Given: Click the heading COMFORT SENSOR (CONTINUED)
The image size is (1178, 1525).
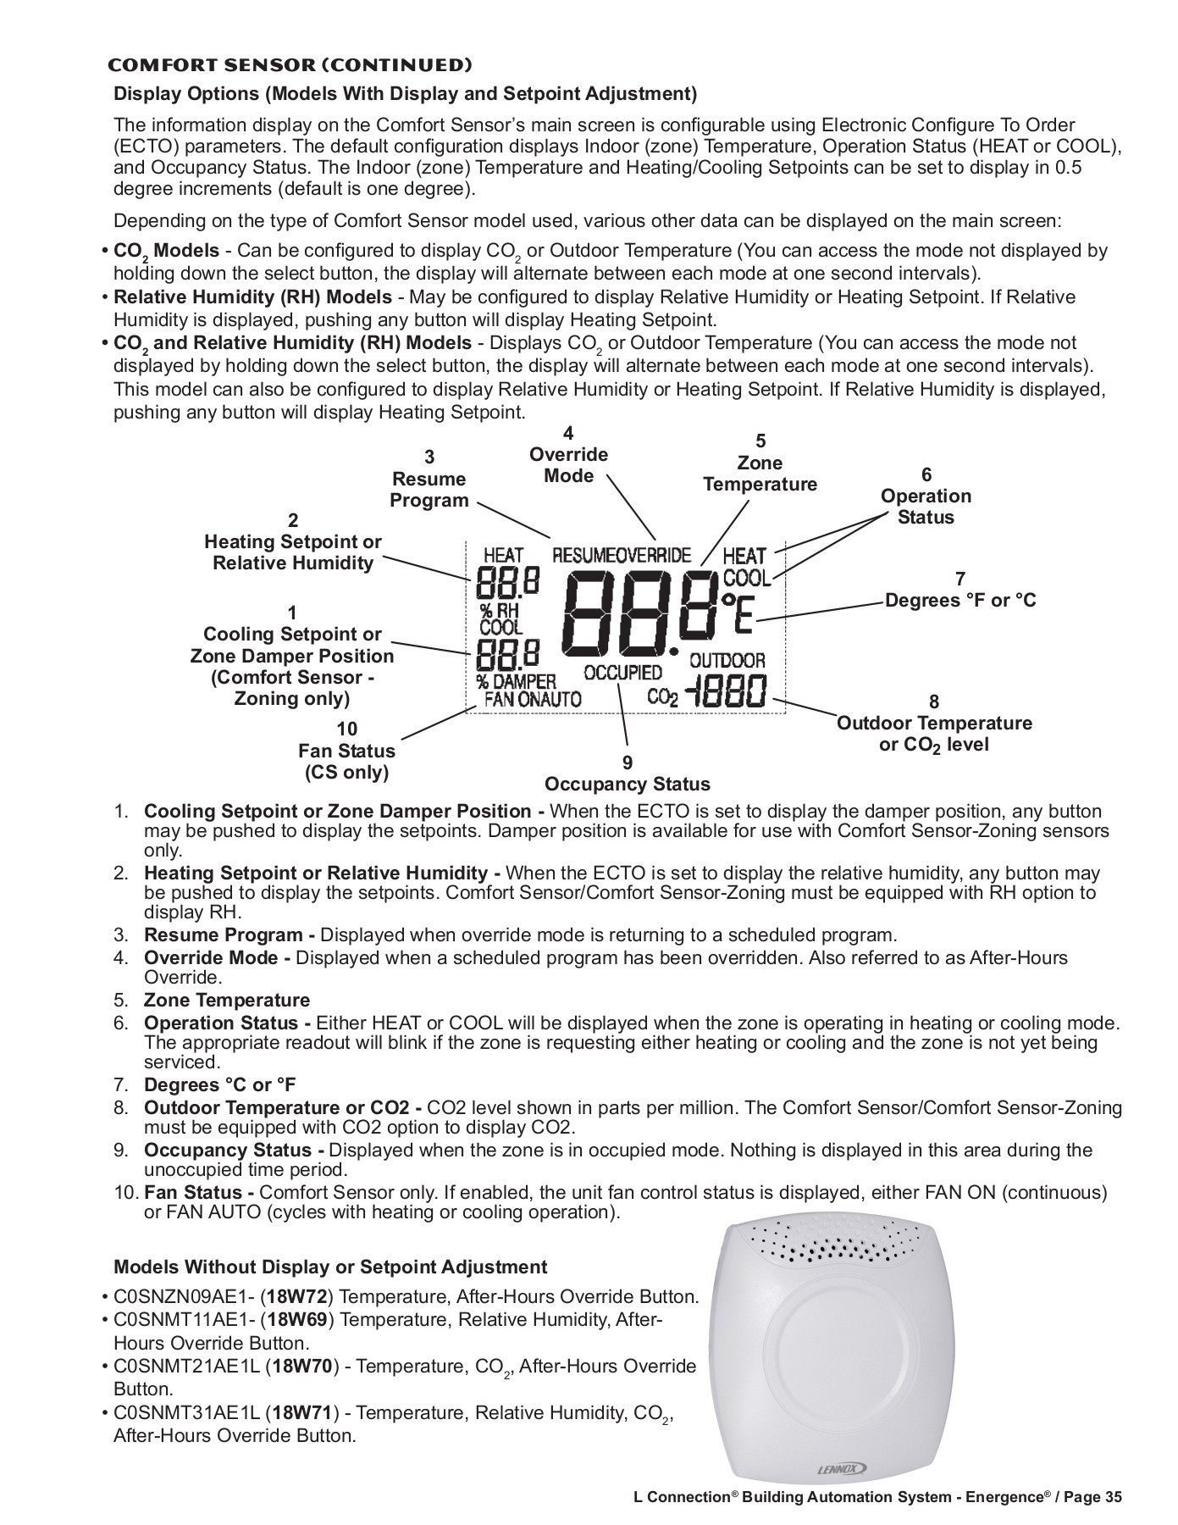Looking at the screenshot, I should [289, 65].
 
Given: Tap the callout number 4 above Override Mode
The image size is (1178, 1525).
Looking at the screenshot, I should [568, 433].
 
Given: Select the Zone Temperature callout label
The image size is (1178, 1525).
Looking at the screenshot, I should [760, 474].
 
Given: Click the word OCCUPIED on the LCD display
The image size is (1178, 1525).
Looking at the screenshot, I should [622, 673].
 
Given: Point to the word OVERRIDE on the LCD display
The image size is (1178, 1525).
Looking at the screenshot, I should [653, 556].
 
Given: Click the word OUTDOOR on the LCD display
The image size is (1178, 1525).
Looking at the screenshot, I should [727, 660].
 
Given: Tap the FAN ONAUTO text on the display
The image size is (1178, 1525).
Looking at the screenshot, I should [533, 699].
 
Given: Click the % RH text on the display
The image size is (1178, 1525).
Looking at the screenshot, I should [499, 610].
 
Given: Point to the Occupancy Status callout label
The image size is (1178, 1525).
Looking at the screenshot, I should [627, 784].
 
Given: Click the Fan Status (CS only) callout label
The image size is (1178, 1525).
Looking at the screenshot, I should [346, 762].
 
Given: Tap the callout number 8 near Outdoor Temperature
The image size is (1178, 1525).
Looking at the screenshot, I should [934, 701].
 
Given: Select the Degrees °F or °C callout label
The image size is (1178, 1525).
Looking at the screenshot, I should [960, 601].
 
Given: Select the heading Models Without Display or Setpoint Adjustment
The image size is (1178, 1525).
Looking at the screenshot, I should [330, 1267].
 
